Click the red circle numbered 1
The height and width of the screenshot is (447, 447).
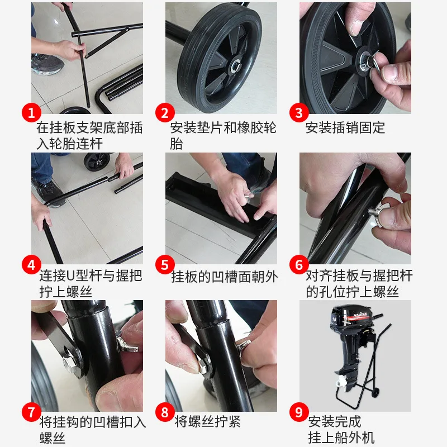click(x=32, y=113)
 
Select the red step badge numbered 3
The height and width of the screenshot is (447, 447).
click(x=299, y=113)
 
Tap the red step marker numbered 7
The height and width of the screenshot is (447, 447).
click(x=32, y=413)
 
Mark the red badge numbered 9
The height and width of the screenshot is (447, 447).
click(x=299, y=413)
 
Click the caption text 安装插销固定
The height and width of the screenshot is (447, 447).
click(x=345, y=128)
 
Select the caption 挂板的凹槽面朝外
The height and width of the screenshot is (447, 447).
click(x=224, y=277)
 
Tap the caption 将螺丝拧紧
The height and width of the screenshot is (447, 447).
click(x=207, y=422)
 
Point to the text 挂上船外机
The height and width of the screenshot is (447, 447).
click(x=341, y=438)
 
